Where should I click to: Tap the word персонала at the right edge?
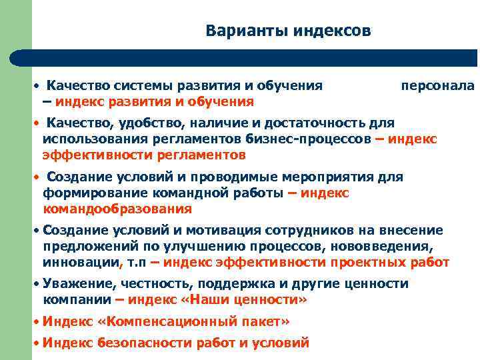[x=438, y=85]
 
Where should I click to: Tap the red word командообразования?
[x=117, y=209]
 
